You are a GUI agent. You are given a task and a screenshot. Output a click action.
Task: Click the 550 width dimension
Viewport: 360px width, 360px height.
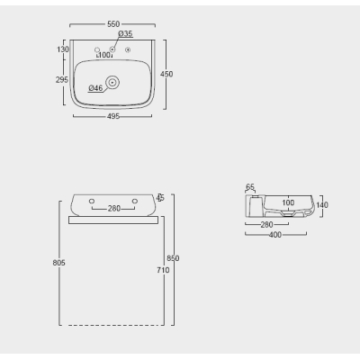coord(113,24)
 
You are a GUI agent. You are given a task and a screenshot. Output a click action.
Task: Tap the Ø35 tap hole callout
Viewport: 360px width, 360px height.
coord(125,33)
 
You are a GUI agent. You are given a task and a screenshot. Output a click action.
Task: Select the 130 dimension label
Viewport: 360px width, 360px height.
coord(63,49)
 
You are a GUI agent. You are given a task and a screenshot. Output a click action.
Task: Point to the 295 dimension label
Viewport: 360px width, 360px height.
coord(62,80)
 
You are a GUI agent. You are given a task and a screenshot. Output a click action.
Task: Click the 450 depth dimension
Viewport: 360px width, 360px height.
coord(166,74)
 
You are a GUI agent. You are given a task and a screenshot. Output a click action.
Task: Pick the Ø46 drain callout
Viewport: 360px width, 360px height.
coord(95,88)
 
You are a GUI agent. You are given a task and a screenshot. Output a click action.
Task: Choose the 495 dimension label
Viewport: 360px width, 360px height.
coord(113,116)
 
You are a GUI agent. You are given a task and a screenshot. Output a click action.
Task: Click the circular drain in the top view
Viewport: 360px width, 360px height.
coord(112,82)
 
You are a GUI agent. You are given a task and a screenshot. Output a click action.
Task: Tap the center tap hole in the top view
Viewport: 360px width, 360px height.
coord(112,49)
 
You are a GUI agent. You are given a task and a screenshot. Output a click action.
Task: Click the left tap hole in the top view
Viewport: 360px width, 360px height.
coord(97,49)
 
